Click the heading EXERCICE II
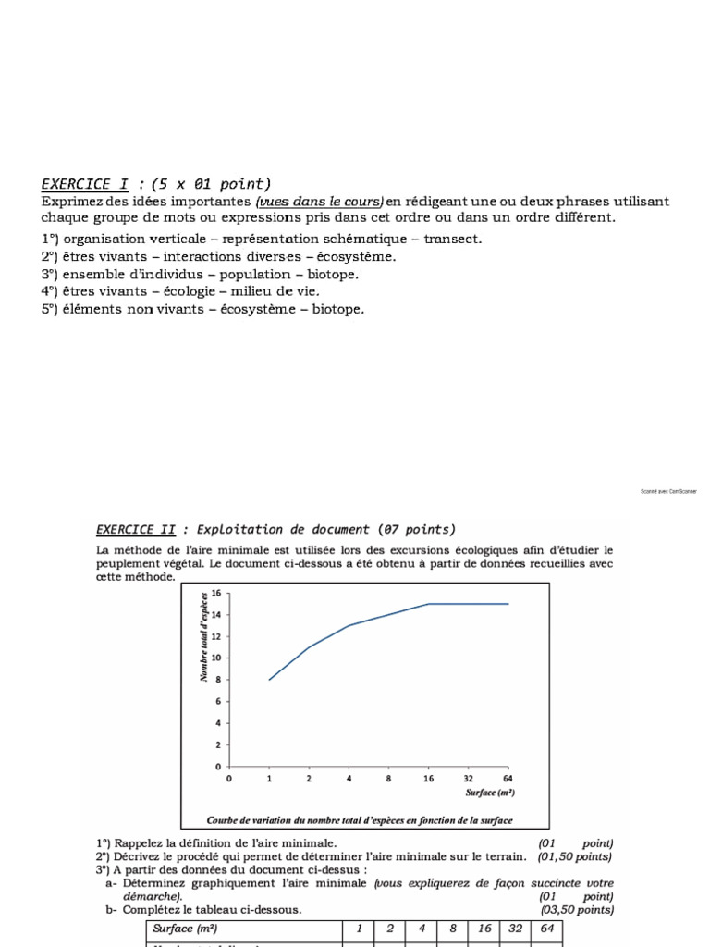click(x=136, y=530)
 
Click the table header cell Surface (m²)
click(x=187, y=928)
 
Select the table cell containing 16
click(x=484, y=928)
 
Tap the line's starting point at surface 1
click(x=269, y=680)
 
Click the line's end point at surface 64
click(x=508, y=604)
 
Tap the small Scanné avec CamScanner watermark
click(x=668, y=491)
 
